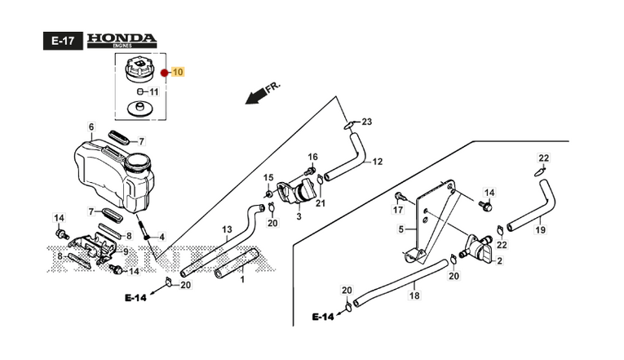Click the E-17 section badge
coord(63,41)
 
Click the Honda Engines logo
coord(122,41)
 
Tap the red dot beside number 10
coord(164,73)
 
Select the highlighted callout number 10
coord(178,72)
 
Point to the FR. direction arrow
coord(263,93)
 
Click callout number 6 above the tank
coord(91,127)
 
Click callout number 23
coord(366,122)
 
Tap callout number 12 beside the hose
coord(378,162)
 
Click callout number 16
coord(312,157)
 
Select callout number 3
coord(299,216)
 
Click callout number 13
coord(227,229)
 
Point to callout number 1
coord(242,279)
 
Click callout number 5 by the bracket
coord(401,229)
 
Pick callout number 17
coord(398,210)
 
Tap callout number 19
coord(541,229)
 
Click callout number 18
coord(414,296)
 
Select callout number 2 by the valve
coord(499,261)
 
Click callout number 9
coord(126,251)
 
